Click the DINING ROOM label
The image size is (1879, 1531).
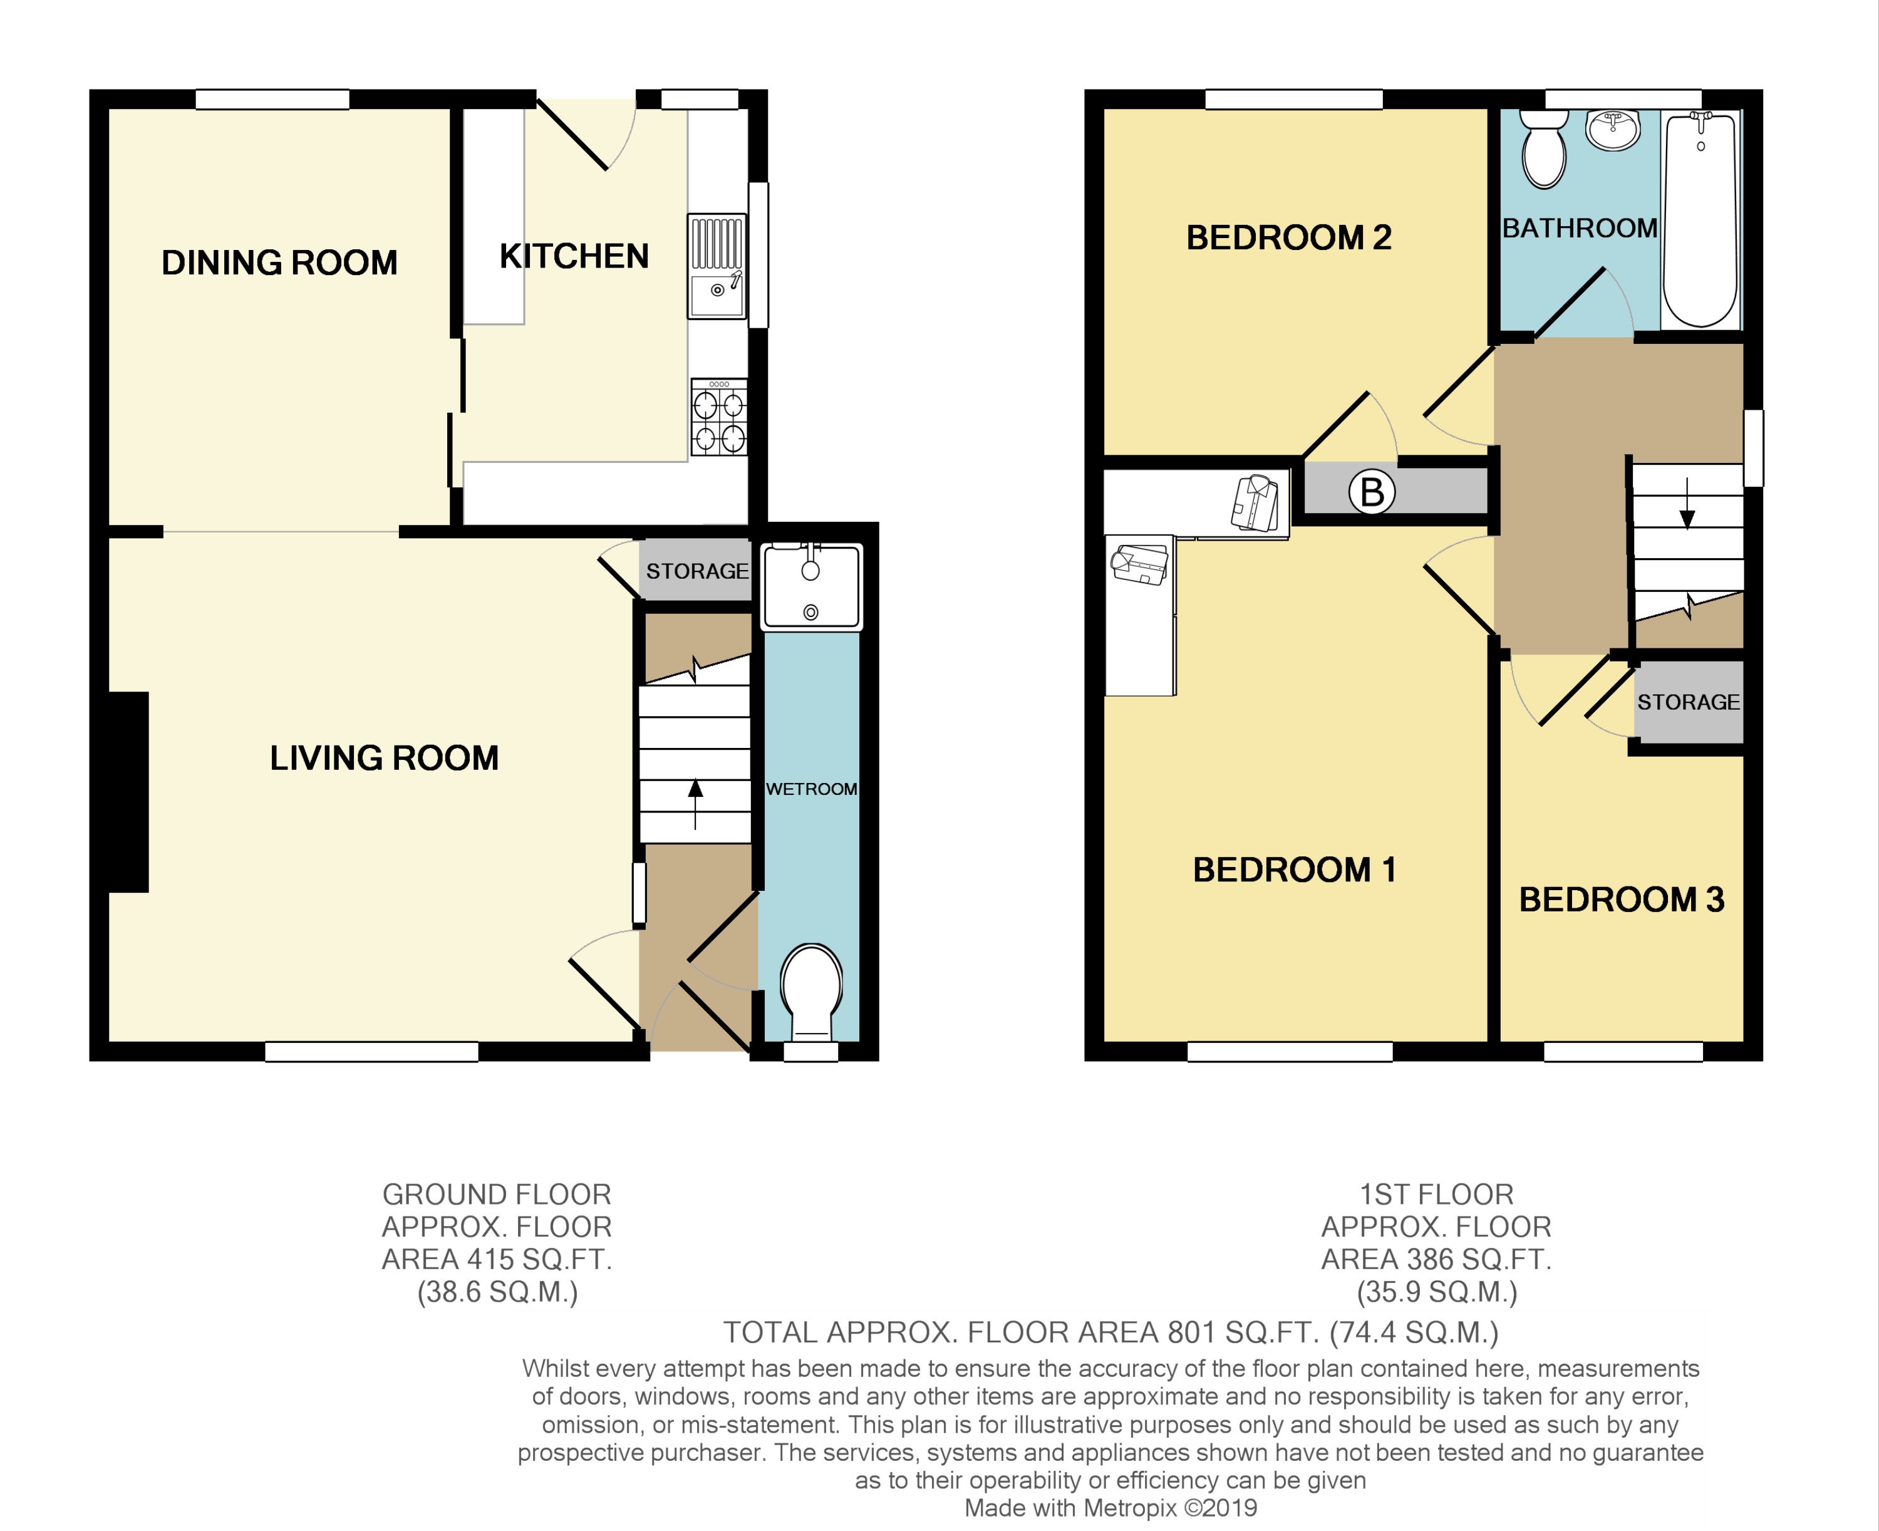click(x=279, y=263)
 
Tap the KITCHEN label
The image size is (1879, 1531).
click(x=574, y=257)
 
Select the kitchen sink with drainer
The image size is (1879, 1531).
click(x=716, y=266)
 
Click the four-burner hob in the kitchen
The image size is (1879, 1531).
click(x=718, y=418)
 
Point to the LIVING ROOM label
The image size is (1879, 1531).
click(x=383, y=759)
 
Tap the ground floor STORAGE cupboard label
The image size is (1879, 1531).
click(x=696, y=571)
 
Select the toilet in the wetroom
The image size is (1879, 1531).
click(x=811, y=989)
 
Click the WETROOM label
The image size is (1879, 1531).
click(x=811, y=789)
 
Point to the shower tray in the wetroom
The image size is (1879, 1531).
click(x=811, y=586)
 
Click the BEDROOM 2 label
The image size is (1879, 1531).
click(x=1288, y=238)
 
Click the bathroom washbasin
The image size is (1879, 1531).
click(x=1613, y=130)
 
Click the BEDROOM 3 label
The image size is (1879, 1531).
click(x=1621, y=900)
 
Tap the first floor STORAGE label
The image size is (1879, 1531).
click(x=1688, y=702)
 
